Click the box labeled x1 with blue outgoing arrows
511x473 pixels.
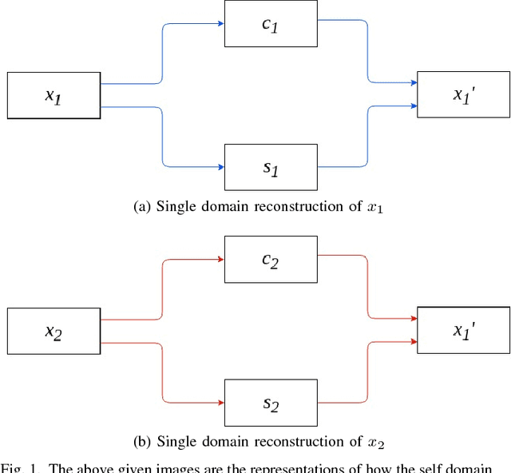[x=54, y=96]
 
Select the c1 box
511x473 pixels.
[x=271, y=24]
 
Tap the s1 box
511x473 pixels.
[x=271, y=167]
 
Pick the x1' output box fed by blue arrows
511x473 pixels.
[x=464, y=95]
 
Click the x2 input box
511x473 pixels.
[x=54, y=330]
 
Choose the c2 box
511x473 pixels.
[x=271, y=259]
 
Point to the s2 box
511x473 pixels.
[x=271, y=402]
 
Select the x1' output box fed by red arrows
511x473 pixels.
[x=464, y=329]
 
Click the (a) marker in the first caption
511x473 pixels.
[x=141, y=207]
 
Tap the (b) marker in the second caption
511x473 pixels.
[x=141, y=441]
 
